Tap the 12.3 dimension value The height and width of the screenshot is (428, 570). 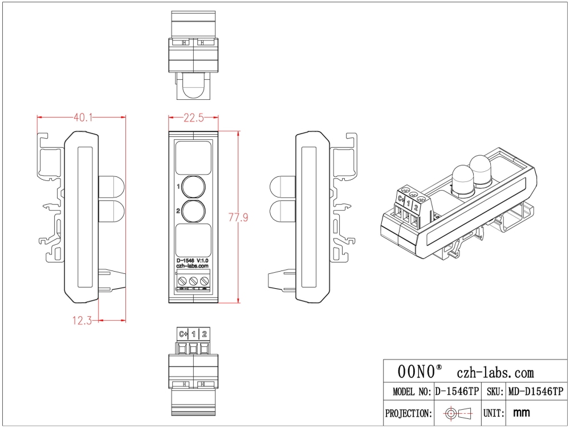82,321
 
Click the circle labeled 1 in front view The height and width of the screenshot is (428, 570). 193,187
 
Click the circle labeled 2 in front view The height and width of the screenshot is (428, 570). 193,211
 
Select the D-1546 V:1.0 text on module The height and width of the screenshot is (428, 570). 193,260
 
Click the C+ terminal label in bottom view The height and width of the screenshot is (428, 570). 183,334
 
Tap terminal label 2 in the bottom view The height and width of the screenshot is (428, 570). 205,334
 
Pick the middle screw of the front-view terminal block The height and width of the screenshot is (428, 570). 193,281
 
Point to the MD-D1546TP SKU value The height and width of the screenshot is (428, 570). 535,391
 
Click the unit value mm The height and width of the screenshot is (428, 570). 522,412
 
